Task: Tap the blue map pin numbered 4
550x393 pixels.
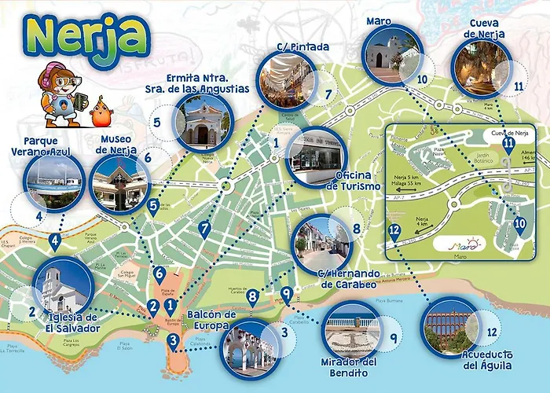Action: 54,241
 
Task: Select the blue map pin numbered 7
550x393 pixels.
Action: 205,229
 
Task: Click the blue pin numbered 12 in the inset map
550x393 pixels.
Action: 394,232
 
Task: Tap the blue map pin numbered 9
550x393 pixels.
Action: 286,296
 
